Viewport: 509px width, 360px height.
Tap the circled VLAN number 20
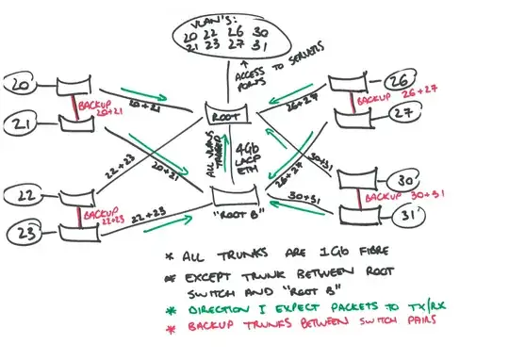point(20,88)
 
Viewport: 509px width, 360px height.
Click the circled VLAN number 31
point(411,215)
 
